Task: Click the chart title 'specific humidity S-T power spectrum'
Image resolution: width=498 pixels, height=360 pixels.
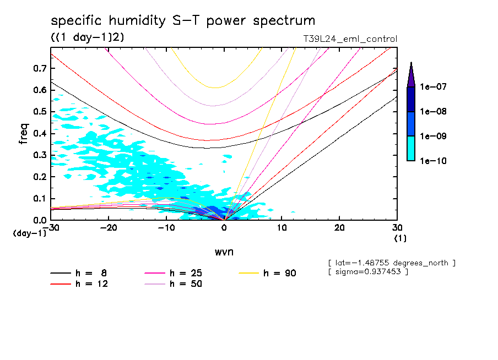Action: (183, 21)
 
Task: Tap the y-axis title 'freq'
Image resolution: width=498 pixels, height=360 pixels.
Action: (24, 134)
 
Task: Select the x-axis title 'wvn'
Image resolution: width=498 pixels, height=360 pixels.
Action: (224, 252)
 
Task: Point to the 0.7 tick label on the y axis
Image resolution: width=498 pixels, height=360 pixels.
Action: (39, 68)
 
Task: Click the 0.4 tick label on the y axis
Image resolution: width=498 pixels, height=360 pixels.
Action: (39, 134)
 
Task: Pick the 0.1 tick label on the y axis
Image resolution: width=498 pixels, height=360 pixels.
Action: (39, 199)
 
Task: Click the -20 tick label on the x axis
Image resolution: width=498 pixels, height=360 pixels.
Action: (109, 228)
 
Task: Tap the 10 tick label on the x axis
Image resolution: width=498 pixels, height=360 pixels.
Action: (282, 228)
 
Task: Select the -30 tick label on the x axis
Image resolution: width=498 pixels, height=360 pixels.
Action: (51, 228)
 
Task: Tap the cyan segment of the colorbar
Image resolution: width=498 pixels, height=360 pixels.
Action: (411, 149)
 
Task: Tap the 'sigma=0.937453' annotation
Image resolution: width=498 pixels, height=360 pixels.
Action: (367, 272)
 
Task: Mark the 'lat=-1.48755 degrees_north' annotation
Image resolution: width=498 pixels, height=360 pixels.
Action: (391, 263)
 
